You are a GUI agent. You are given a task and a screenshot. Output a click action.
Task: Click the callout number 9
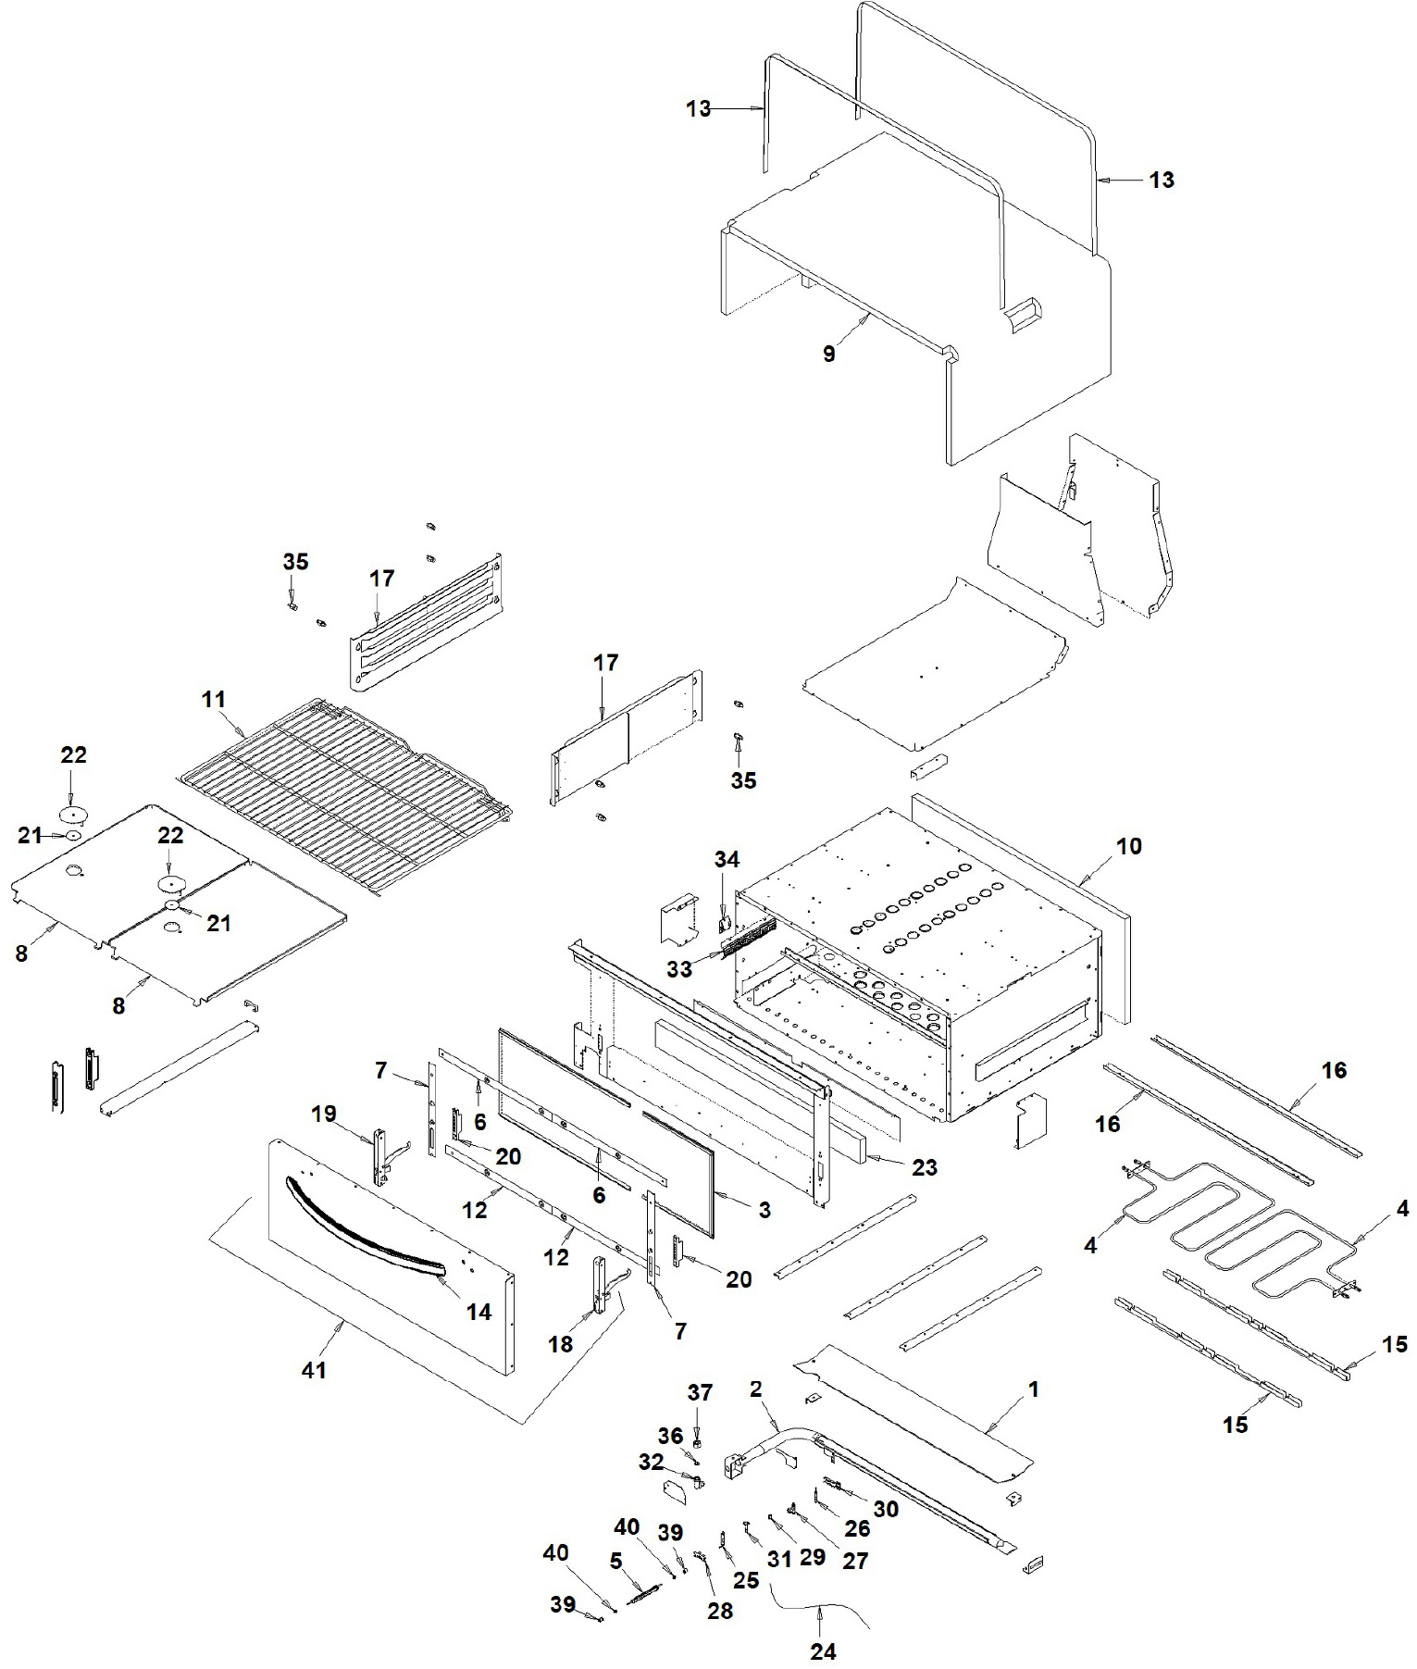(x=829, y=354)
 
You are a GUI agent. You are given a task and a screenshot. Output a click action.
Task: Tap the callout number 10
(x=1129, y=846)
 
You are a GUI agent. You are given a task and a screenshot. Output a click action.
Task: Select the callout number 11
(x=214, y=700)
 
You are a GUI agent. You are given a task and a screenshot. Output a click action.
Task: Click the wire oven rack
(x=344, y=794)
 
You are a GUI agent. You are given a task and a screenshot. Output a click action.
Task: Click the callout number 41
(x=315, y=1369)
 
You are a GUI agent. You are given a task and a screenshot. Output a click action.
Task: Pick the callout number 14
(x=479, y=1311)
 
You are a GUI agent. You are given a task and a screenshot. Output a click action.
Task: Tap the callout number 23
(x=924, y=1167)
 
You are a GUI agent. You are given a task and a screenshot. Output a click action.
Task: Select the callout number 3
(x=764, y=1210)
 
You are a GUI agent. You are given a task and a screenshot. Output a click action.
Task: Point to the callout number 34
(x=727, y=860)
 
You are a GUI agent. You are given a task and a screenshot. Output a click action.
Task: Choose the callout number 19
(x=324, y=1114)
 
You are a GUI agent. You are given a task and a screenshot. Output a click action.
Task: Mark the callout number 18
(x=561, y=1344)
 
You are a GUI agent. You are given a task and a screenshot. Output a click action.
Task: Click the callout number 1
(x=1034, y=1389)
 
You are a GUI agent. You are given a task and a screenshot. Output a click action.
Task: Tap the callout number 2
(x=756, y=1389)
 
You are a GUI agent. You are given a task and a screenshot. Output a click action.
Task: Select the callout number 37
(x=700, y=1392)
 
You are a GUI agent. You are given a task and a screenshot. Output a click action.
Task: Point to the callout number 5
(x=615, y=1561)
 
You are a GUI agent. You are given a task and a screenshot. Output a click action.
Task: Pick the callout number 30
(x=886, y=1509)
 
